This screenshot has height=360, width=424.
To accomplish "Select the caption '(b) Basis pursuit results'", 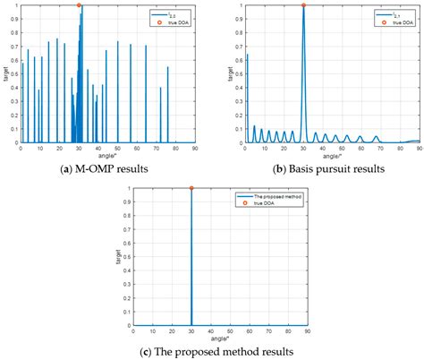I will click(x=328, y=169).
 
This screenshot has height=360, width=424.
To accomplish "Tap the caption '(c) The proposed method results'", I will click(x=213, y=352).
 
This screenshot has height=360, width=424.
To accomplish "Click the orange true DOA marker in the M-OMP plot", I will click(x=80, y=5).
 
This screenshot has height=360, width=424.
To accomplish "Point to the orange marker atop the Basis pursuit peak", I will click(x=304, y=5).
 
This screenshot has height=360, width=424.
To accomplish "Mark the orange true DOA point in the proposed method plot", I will click(x=191, y=188).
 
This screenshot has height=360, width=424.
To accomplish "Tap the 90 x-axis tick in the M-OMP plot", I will click(x=196, y=149).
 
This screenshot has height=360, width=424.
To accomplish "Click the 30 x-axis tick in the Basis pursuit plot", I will click(x=304, y=149).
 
